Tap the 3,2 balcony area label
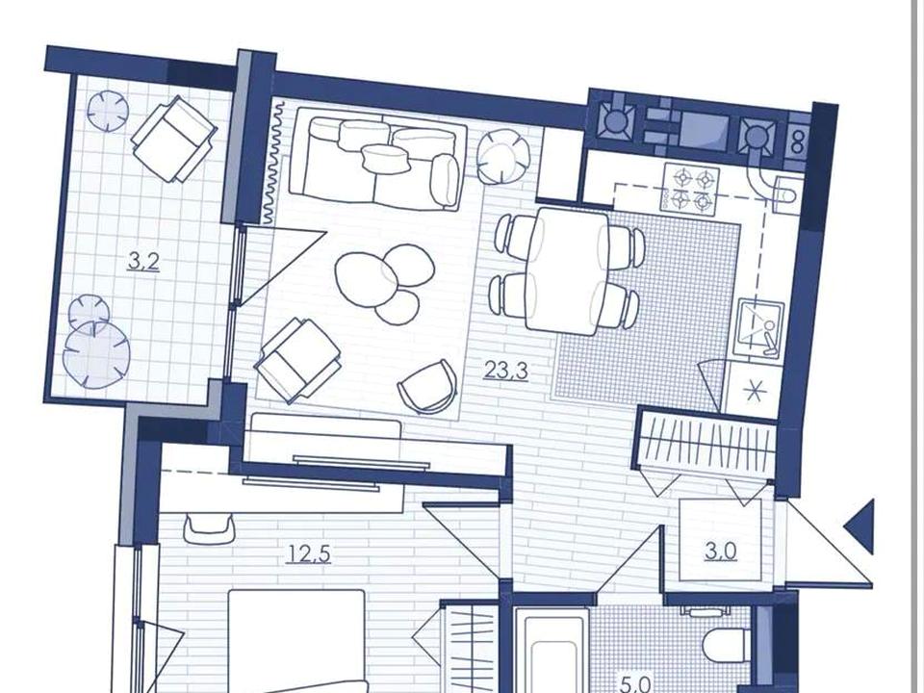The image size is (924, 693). coord(143,261)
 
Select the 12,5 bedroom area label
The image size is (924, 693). coord(309,554)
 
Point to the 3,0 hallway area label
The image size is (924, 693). coord(721,552)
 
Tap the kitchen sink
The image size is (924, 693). coord(760,327)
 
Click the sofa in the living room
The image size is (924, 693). coord(380,159)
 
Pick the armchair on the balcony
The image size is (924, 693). coord(173,139)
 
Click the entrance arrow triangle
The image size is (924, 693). coord(860,526)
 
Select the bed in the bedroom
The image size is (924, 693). coord(296,641)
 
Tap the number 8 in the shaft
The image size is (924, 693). coord(798,142)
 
